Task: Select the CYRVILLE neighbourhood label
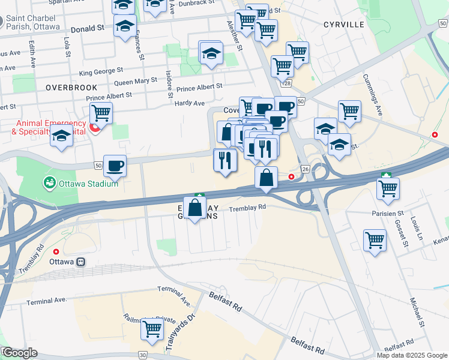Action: (x=343, y=25)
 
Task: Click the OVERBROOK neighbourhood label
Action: (x=62, y=87)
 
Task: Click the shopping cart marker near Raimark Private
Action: (x=152, y=328)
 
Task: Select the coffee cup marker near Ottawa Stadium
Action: (x=115, y=165)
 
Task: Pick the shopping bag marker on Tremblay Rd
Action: (x=195, y=208)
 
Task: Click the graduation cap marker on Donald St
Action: (x=125, y=27)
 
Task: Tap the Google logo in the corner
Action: (x=20, y=353)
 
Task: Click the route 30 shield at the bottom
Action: (x=143, y=355)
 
